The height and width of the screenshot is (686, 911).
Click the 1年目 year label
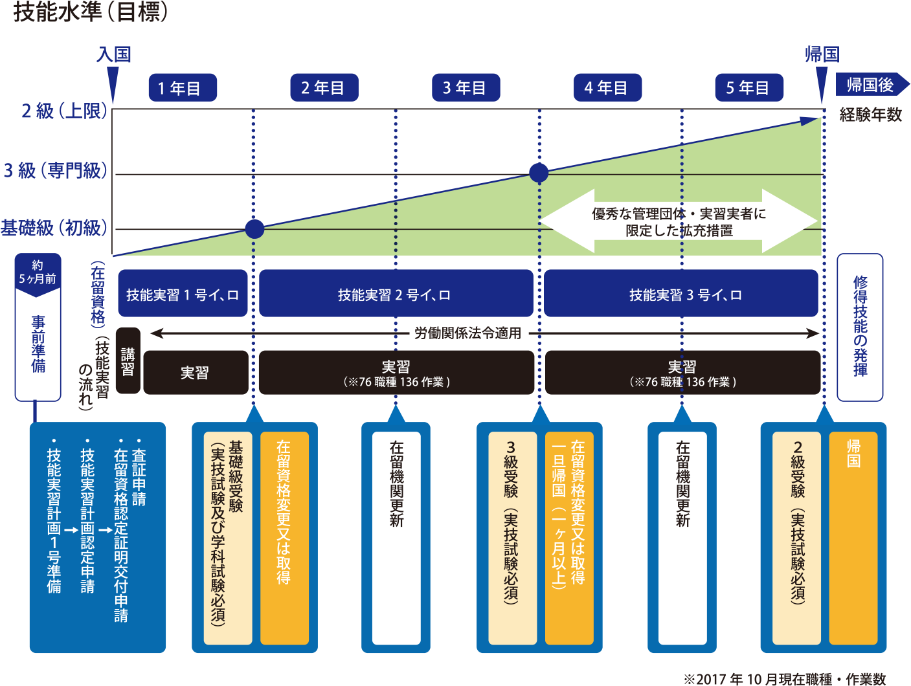pyautogui.click(x=179, y=88)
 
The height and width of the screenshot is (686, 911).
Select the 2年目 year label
pyautogui.click(x=322, y=88)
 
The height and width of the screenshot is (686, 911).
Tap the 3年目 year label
pyautogui.click(x=465, y=88)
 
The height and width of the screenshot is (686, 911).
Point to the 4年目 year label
pyautogui.click(x=607, y=88)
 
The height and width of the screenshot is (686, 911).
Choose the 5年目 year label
pyautogui.click(x=748, y=88)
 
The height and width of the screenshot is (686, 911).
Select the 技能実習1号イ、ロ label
pyautogui.click(x=183, y=295)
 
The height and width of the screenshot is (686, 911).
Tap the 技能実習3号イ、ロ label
pyautogui.click(x=685, y=295)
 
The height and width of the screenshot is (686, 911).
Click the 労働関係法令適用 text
pyautogui.click(x=468, y=333)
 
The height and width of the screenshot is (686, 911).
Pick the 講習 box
pyautogui.click(x=128, y=361)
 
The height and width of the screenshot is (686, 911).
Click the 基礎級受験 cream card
pyautogui.click(x=227, y=538)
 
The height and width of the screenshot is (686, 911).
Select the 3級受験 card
pyautogui.click(x=512, y=538)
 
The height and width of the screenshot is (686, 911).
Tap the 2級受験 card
pyautogui.click(x=797, y=538)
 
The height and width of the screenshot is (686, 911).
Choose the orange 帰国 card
pyautogui.click(x=853, y=538)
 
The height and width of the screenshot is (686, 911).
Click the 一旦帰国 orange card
pyautogui.click(x=569, y=538)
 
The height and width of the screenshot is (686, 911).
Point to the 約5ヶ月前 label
pyautogui.click(x=38, y=272)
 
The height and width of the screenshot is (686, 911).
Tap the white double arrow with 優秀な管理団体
pyautogui.click(x=679, y=221)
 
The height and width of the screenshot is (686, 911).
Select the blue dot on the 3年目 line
pyautogui.click(x=539, y=173)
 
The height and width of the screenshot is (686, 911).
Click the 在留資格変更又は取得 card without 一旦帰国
pyautogui.click(x=284, y=538)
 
